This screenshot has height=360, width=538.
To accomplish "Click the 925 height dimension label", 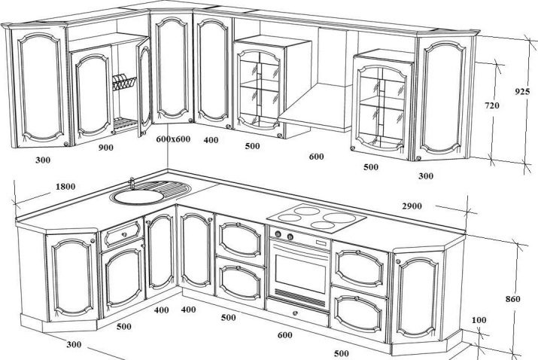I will point(521,92).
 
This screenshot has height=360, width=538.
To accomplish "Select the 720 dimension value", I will point(491,106).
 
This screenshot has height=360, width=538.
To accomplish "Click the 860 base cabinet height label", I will point(513,299).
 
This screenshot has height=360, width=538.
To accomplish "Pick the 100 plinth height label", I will point(479,320).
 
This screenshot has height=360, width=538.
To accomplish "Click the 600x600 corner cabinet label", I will point(173,139).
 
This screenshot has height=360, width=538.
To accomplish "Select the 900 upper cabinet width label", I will point(106,148).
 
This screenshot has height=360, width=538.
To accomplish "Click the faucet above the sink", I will point(132,182).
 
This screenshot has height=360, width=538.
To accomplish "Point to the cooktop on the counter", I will point(316,218).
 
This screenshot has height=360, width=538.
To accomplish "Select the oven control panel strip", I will point(299,242).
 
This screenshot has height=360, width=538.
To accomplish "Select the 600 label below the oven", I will point(284,335).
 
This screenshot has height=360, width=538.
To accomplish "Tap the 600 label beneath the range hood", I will point(316,157).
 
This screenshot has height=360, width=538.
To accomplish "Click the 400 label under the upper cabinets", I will point(211,140).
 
